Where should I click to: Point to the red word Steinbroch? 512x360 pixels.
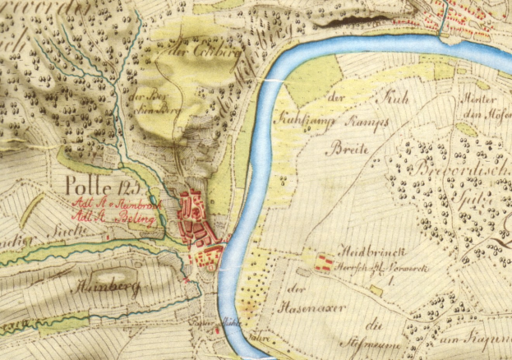tap(122, 201)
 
